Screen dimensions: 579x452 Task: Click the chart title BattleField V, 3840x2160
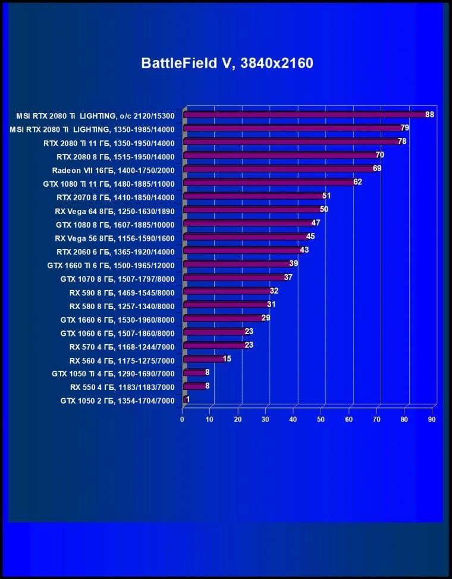pos(227,63)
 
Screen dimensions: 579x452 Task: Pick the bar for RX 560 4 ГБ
pos(203,359)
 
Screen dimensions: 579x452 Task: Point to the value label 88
pos(429,114)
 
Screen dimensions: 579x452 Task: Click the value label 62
pos(357,182)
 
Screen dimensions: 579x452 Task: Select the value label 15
pos(227,358)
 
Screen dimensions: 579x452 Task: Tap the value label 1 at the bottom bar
pos(188,399)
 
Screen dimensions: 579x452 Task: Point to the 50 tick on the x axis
pos(321,419)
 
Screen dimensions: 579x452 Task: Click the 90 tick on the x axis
pos(432,419)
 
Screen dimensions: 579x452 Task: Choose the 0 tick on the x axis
pos(182,419)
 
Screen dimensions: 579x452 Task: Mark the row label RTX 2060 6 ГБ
pos(116,251)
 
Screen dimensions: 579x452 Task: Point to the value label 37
pos(288,277)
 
